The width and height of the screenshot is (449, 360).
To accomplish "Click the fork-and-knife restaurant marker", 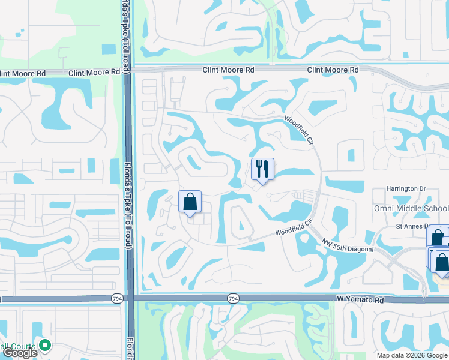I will coord(262,169).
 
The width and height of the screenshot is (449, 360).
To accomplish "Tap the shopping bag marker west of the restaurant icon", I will coord(190,202).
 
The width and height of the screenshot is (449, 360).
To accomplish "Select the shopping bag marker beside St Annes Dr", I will coord(437,238).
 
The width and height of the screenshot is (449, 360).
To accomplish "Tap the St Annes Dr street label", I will coord(411,226).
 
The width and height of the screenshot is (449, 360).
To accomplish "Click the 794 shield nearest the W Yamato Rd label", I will coord(233,298).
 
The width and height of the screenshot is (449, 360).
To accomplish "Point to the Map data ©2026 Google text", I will coord(412,355).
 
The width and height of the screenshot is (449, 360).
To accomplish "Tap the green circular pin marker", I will coord(44,345).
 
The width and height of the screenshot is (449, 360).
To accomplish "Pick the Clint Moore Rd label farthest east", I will coord(333,70).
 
